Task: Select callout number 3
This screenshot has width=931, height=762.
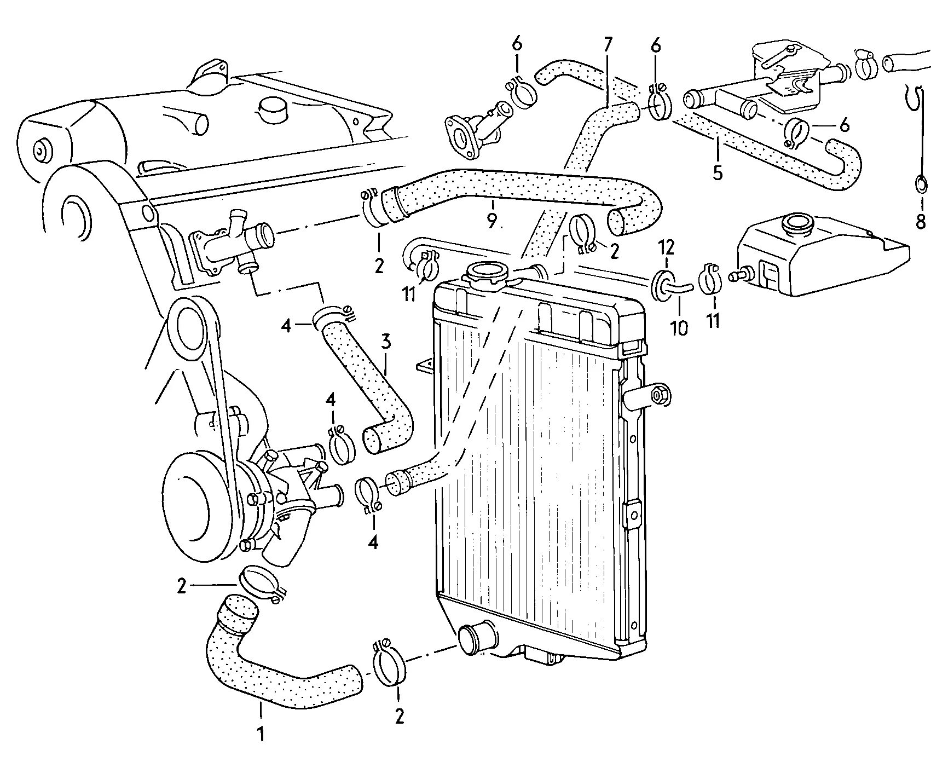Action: (x=386, y=343)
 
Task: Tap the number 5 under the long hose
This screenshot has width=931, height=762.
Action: (x=718, y=173)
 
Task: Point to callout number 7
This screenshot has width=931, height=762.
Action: (x=609, y=45)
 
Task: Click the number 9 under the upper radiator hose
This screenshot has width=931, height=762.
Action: (x=491, y=221)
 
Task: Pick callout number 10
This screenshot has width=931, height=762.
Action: (x=679, y=328)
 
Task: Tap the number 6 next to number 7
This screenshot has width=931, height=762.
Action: (x=655, y=45)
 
